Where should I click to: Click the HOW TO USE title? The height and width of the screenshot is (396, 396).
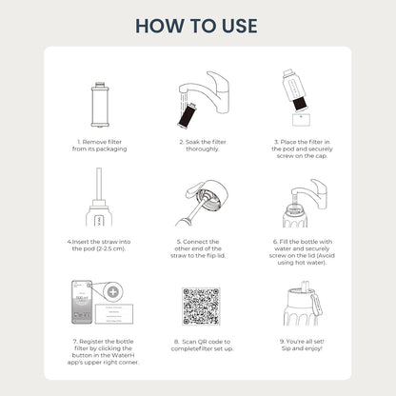(198, 23)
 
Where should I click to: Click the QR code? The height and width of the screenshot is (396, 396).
(197, 307)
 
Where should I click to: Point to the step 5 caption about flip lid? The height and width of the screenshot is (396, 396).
(198, 249)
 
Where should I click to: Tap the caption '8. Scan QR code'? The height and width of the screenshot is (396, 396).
(198, 345)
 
